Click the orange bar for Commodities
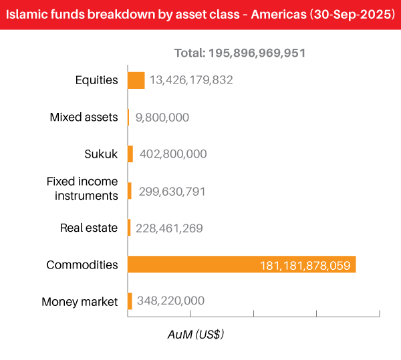(241, 264)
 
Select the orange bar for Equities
(136, 80)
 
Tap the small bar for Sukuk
(130, 154)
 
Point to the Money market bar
(130, 301)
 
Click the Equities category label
(96, 80)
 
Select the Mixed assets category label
(84, 118)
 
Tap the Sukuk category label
(101, 154)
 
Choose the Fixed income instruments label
(82, 188)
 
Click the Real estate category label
(89, 228)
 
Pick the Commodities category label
(82, 264)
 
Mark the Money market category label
(80, 302)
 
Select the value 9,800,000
(162, 118)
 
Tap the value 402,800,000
(172, 154)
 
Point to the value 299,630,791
(172, 192)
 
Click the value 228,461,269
(169, 228)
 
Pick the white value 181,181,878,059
(305, 265)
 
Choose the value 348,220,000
(170, 301)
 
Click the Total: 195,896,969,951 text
(239, 53)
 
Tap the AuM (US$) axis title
(195, 335)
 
